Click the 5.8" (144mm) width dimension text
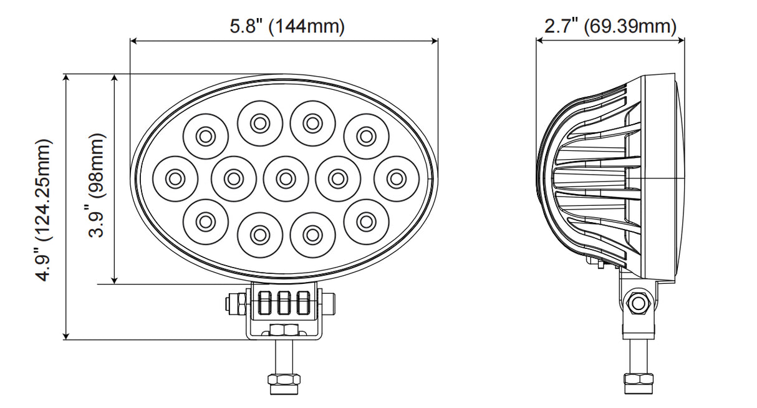(287, 27)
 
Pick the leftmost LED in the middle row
(175, 178)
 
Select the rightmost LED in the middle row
(394, 178)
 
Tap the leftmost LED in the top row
(205, 135)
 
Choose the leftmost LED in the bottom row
(205, 220)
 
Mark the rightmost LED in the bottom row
(366, 220)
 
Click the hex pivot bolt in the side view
(637, 303)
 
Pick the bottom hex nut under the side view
(638, 379)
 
